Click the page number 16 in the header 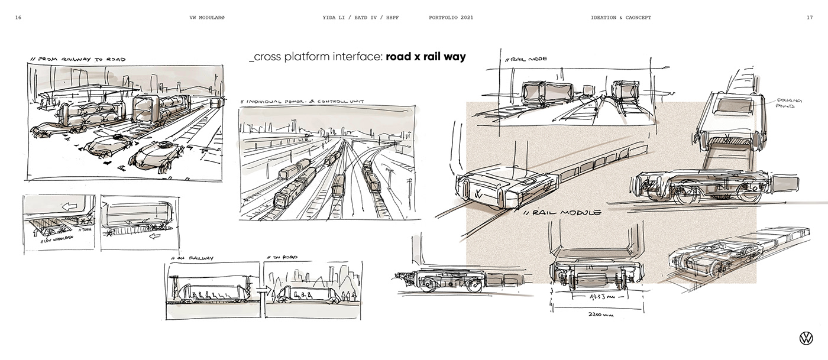18,18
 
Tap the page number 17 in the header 809,18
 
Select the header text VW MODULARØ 206,18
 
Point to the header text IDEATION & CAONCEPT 621,18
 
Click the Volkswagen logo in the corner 806,338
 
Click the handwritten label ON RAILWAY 193,258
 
